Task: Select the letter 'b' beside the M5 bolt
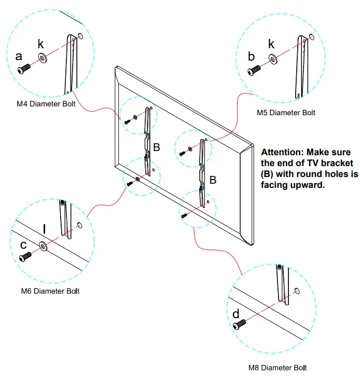pos(252,56)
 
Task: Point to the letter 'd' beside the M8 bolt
pos(236,314)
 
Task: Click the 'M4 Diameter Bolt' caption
pos(46,104)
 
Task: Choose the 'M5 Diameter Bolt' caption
pos(286,112)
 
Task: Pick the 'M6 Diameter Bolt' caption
pos(50,291)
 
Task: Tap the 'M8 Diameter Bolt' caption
pos(278,368)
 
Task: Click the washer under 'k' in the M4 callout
pos(41,59)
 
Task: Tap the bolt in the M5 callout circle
pos(254,70)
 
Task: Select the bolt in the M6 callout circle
pos(24,257)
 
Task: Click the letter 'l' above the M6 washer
pos(45,229)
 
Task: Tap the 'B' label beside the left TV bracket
pos(156,147)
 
